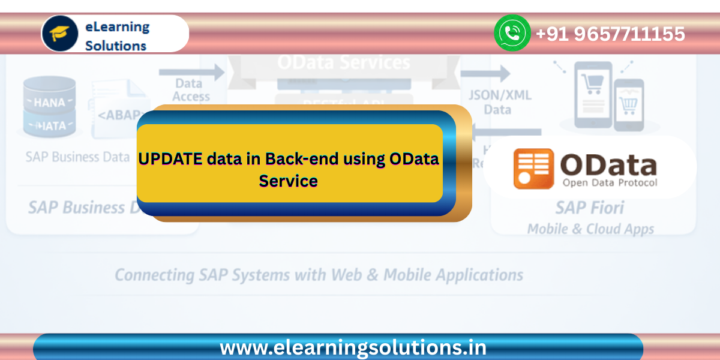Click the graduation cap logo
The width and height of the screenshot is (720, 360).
pyautogui.click(x=60, y=34)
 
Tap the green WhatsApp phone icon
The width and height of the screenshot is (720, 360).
pyautogui.click(x=512, y=33)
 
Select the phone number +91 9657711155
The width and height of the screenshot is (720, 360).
pyautogui.click(x=610, y=34)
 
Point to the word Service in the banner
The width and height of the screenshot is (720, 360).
pyautogui.click(x=288, y=180)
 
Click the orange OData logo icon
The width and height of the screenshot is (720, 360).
pyautogui.click(x=533, y=169)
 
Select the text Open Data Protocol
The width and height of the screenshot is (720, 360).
pyautogui.click(x=609, y=182)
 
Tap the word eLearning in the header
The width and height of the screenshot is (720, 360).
pyautogui.click(x=118, y=26)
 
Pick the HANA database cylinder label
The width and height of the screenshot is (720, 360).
pyautogui.click(x=49, y=103)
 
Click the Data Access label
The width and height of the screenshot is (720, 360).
pyautogui.click(x=192, y=90)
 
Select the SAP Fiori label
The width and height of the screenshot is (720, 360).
pyautogui.click(x=589, y=208)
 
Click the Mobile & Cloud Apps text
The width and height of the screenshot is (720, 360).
pyautogui.click(x=590, y=229)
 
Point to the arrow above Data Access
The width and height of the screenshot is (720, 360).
pyautogui.click(x=191, y=73)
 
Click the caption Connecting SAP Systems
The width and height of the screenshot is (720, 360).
pyautogui.click(x=319, y=275)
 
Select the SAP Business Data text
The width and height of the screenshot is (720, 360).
pyautogui.click(x=77, y=157)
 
